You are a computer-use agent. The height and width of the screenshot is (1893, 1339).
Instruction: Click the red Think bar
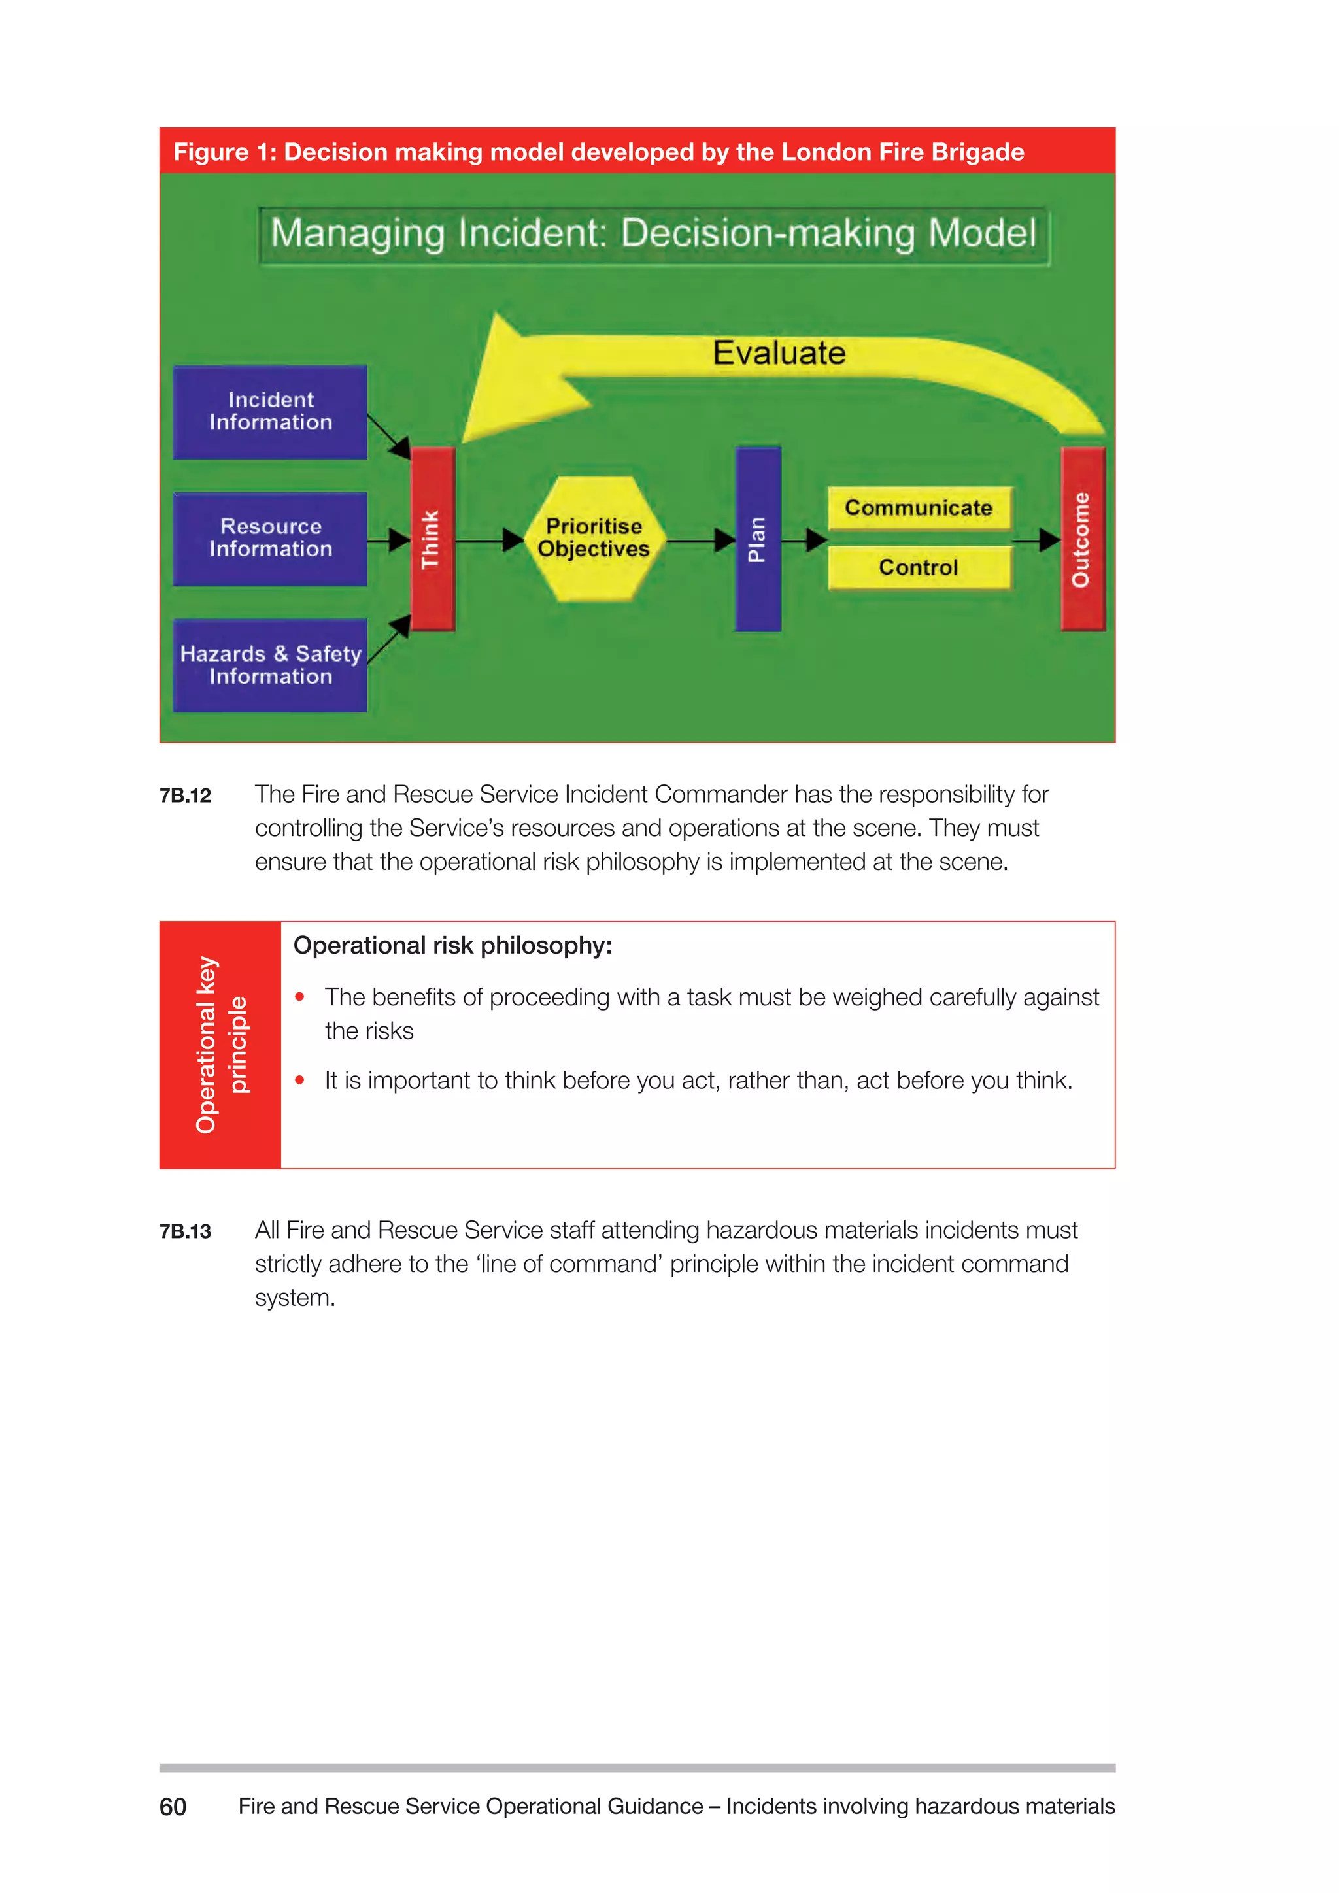(432, 539)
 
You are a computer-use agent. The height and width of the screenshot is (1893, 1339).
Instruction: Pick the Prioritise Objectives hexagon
(594, 539)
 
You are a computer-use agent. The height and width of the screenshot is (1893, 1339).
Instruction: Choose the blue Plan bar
(758, 539)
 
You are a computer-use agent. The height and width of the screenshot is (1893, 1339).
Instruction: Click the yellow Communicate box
(919, 508)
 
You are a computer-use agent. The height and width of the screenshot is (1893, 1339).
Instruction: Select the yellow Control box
(919, 568)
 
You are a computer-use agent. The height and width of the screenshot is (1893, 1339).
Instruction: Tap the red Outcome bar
(1082, 539)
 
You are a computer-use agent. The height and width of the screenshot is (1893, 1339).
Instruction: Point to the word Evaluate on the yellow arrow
(779, 354)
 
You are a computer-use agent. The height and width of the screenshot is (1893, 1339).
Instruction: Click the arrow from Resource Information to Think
(388, 541)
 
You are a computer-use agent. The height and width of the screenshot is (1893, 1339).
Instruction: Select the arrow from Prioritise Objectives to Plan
(701, 541)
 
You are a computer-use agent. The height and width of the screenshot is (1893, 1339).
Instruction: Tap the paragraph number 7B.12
(186, 796)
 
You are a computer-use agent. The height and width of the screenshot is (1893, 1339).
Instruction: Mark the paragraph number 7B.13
(186, 1231)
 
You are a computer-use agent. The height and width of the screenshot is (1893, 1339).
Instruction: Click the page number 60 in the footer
(173, 1807)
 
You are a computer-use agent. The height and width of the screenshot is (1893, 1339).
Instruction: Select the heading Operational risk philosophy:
(452, 946)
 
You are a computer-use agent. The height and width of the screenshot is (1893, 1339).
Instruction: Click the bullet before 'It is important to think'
(300, 1080)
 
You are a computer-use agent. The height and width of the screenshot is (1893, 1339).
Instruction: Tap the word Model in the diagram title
(982, 233)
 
